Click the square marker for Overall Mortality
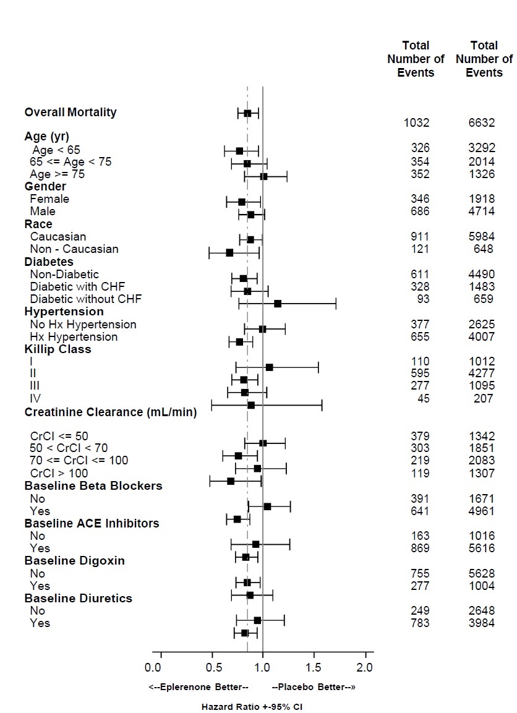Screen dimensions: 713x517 coord(247,113)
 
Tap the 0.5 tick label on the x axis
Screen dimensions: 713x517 coord(212,668)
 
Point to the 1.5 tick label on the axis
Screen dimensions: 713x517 coord(314,668)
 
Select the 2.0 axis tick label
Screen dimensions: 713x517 coord(365,668)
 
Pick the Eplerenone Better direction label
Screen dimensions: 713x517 coord(199,687)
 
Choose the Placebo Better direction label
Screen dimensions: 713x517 coord(314,687)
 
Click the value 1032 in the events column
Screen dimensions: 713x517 coord(416,123)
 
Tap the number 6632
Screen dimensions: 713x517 coord(482,123)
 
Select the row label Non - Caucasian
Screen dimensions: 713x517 coord(74,249)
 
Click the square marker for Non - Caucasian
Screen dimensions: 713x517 coord(229,252)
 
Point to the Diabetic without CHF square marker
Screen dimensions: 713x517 coord(278,303)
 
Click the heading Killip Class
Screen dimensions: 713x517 coord(58,349)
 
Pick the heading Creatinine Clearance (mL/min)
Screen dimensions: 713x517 coord(111,412)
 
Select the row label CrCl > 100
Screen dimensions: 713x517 coord(59,474)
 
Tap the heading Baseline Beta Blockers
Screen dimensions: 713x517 coord(93,486)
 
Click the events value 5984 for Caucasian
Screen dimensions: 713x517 coord(482,237)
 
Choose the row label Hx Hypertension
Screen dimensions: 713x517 coord(74,337)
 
